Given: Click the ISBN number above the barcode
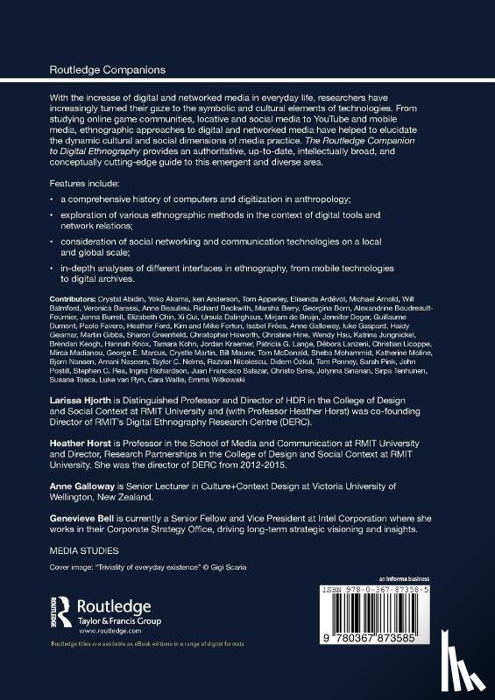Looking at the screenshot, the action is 404,591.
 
